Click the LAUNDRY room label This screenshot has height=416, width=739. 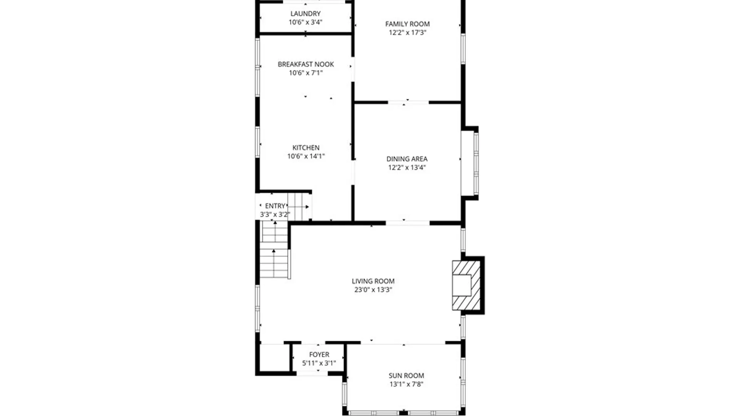click(305, 14)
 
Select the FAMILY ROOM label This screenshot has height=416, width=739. click(407, 24)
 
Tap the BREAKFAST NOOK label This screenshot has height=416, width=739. click(306, 64)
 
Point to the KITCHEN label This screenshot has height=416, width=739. click(306, 148)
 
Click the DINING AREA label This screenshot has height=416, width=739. click(407, 159)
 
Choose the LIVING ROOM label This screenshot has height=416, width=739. click(373, 281)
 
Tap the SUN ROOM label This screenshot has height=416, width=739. click(406, 376)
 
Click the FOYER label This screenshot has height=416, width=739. click(319, 354)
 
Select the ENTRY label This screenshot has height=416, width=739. click(275, 206)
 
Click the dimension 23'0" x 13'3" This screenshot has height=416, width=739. click(373, 290)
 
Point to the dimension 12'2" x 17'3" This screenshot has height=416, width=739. click(407, 33)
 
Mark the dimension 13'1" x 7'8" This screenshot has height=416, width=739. click(406, 384)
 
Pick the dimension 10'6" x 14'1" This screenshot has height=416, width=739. click(306, 156)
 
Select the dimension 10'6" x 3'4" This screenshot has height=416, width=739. click(305, 22)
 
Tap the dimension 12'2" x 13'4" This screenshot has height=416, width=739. click(407, 168)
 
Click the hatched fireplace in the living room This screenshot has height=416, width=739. click(466, 285)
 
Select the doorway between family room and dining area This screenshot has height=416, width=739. click(408, 102)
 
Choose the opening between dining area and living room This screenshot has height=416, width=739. click(408, 223)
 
